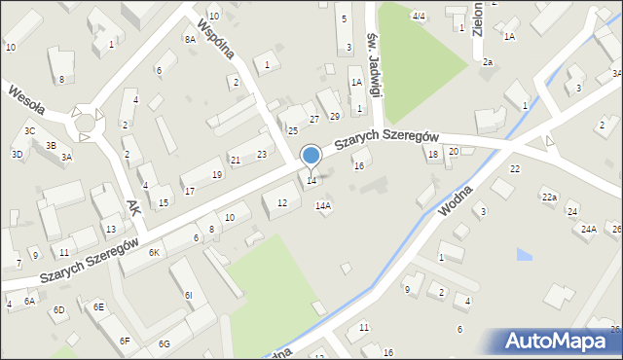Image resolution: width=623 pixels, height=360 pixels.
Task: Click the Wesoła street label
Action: (27, 97)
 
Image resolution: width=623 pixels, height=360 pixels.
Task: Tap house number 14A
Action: (323, 205)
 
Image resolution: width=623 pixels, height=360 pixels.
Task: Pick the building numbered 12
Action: (282, 202)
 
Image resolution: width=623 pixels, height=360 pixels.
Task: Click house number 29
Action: (335, 117)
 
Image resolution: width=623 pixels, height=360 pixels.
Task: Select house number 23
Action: (262, 154)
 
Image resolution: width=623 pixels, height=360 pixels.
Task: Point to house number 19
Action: (217, 174)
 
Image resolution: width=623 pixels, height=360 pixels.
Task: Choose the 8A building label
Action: (190, 39)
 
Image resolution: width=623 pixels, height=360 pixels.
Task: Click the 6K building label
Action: (154, 252)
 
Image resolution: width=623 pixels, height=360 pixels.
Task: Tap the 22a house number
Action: (549, 198)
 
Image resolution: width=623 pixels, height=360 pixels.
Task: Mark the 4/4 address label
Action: (419, 16)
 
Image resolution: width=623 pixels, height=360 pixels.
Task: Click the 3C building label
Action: (30, 130)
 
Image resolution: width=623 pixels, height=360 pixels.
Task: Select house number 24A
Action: (588, 229)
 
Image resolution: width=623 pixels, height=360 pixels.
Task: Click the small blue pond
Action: (525, 255)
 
